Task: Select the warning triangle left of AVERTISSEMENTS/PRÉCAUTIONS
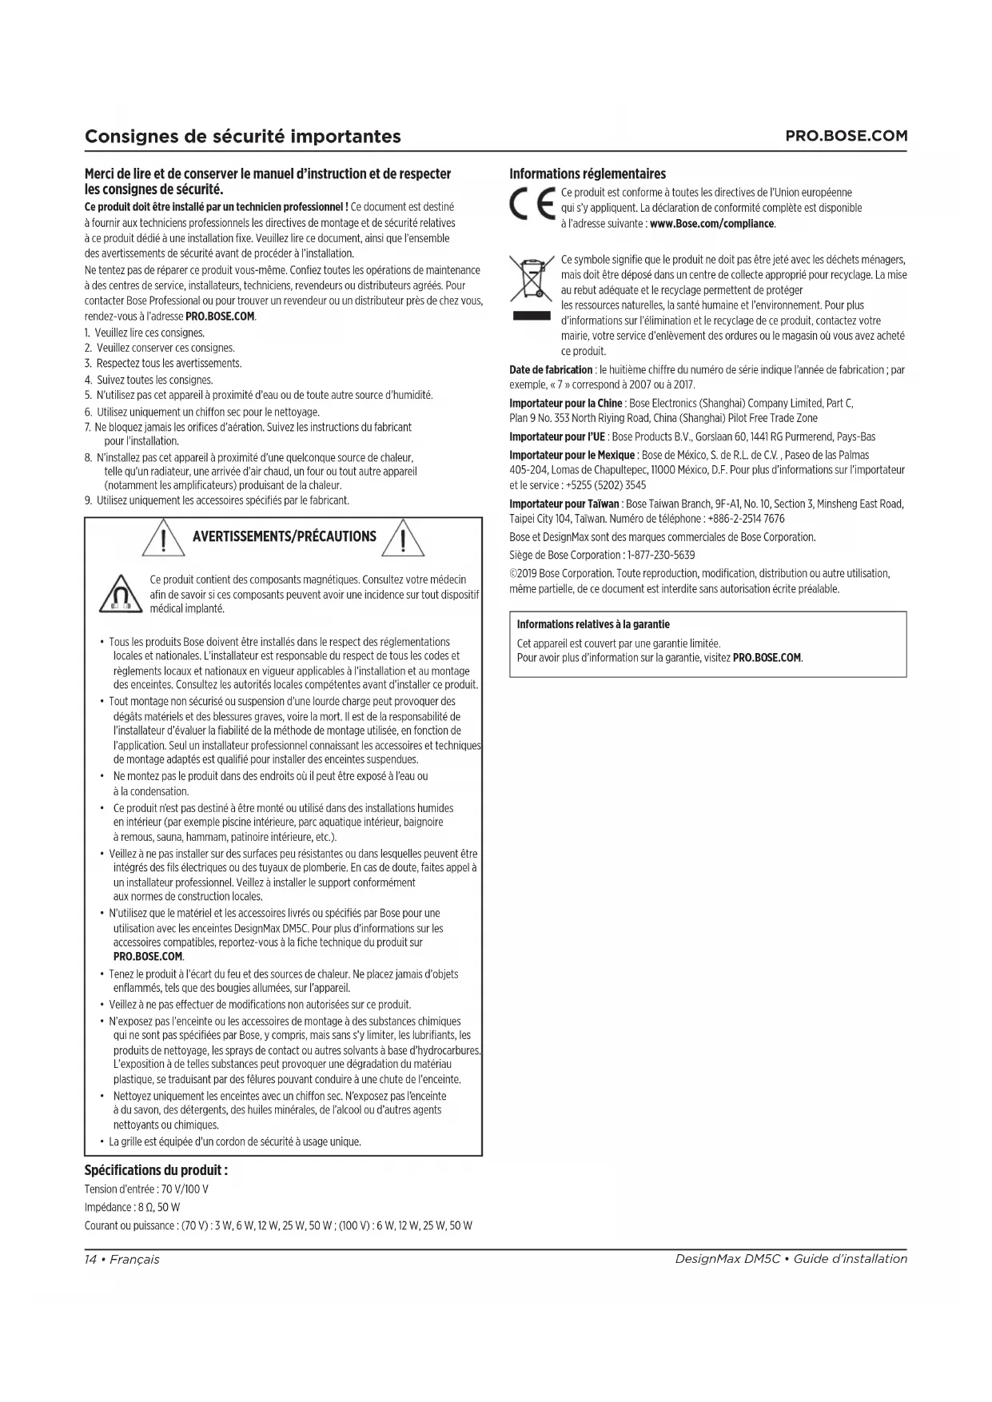pyautogui.click(x=163, y=538)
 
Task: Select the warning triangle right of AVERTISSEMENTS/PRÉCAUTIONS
pyautogui.click(x=404, y=538)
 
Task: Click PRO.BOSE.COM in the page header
pyautogui.click(x=847, y=136)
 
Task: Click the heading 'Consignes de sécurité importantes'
pyautogui.click(x=243, y=136)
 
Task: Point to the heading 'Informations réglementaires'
pyautogui.click(x=588, y=174)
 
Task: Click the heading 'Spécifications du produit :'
pyautogui.click(x=156, y=1170)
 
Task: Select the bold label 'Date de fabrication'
pyautogui.click(x=551, y=370)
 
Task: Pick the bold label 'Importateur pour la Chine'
pyautogui.click(x=566, y=403)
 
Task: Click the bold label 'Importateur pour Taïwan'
pyautogui.click(x=564, y=504)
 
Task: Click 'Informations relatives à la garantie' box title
pyautogui.click(x=593, y=624)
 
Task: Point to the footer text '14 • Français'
pyautogui.click(x=122, y=1259)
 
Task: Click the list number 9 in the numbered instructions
pyautogui.click(x=88, y=500)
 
